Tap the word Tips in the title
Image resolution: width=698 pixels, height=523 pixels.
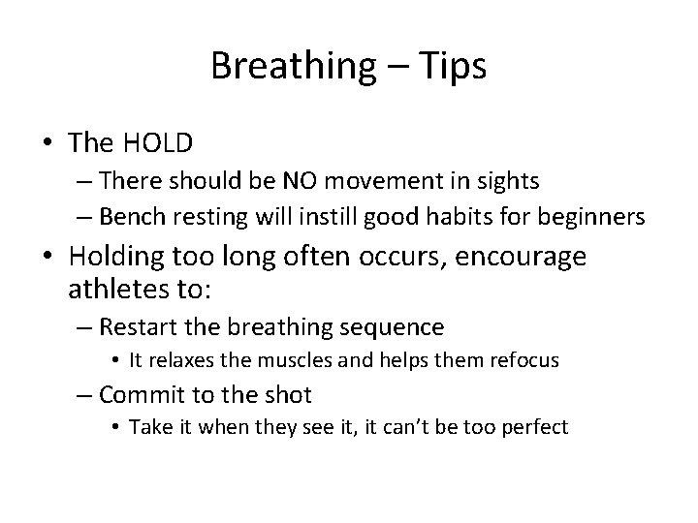point(453,66)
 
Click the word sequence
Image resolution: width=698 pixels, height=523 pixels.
point(397,327)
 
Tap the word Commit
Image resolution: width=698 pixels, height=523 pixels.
point(135,394)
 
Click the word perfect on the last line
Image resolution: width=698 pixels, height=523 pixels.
point(533,426)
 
